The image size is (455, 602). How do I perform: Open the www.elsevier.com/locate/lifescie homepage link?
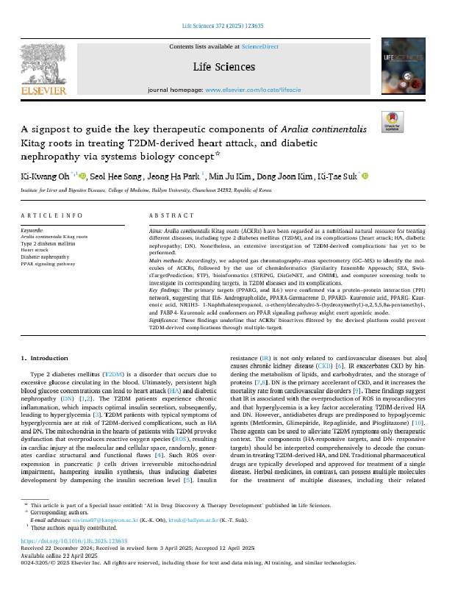[x=255, y=89]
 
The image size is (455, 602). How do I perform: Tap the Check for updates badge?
[x=393, y=121]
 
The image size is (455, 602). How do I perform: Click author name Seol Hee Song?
[x=115, y=176]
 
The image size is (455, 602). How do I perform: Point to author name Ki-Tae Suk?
[x=337, y=176]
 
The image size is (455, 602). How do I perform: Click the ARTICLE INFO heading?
[x=52, y=215]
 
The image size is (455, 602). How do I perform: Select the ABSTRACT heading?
[x=171, y=215]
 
